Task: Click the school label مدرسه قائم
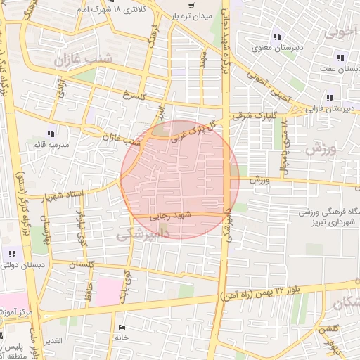(49, 144)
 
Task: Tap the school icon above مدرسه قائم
(50, 133)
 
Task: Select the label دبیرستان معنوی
(278, 49)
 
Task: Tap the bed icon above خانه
(122, 327)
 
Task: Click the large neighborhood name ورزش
(322, 150)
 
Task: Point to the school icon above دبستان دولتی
(12, 253)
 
